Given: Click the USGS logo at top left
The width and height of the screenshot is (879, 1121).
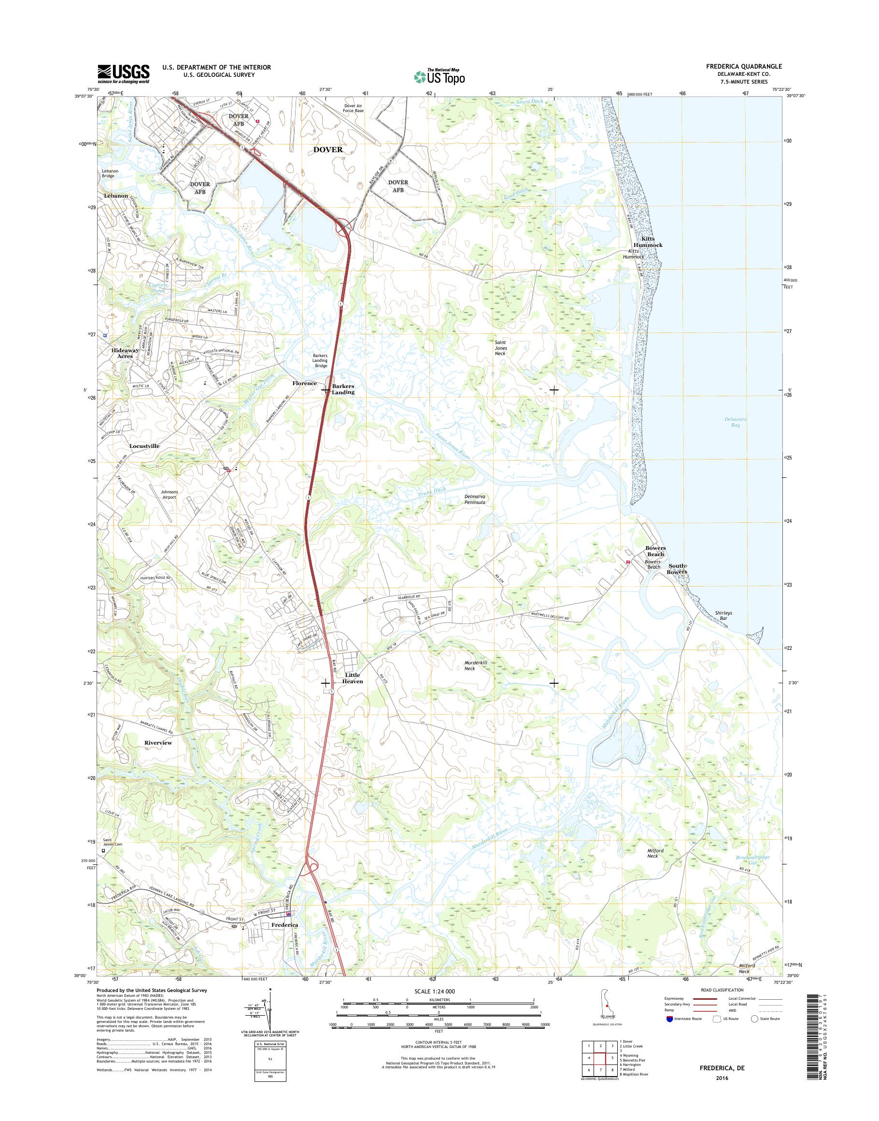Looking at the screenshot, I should [124, 73].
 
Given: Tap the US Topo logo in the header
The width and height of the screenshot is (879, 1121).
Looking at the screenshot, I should [439, 77].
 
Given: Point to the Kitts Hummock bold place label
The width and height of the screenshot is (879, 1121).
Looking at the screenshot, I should [652, 242].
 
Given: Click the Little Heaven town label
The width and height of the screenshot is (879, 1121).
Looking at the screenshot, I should [354, 678].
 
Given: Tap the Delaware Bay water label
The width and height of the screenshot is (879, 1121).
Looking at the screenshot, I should [735, 422].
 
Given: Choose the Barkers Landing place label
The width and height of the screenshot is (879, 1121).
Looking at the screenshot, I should [343, 389].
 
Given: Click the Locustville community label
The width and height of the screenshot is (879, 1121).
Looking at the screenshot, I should [144, 446].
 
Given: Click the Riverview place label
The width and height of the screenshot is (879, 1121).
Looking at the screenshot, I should [158, 743].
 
